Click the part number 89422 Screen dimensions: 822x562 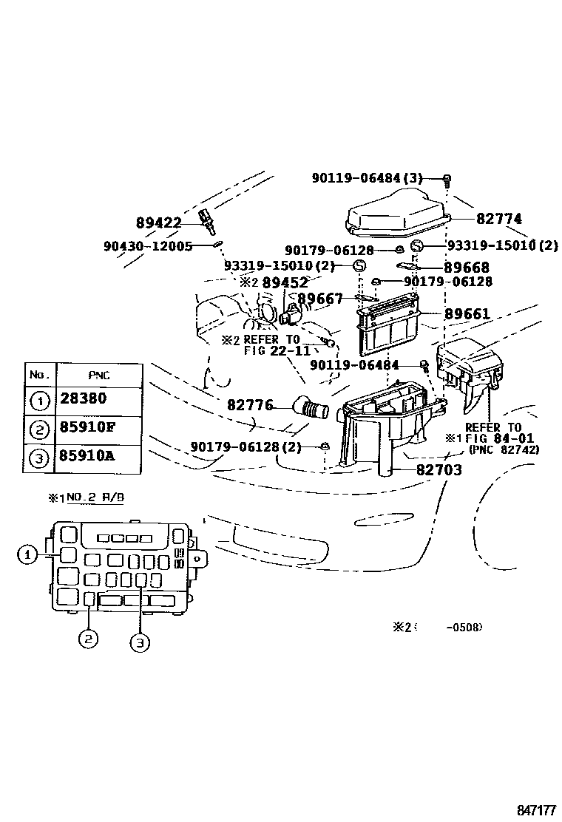click(x=159, y=223)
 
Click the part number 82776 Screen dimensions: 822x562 click(x=250, y=405)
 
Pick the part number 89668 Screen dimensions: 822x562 click(x=466, y=267)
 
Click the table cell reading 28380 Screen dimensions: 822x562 click(x=82, y=399)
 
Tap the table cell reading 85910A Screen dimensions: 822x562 click(x=87, y=456)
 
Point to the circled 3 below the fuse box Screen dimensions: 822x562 click(x=140, y=643)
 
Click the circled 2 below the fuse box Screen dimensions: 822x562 click(x=88, y=639)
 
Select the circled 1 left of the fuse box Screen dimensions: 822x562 click(x=27, y=554)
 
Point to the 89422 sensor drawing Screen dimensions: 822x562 click(x=208, y=220)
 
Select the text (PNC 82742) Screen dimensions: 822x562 click(x=504, y=449)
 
